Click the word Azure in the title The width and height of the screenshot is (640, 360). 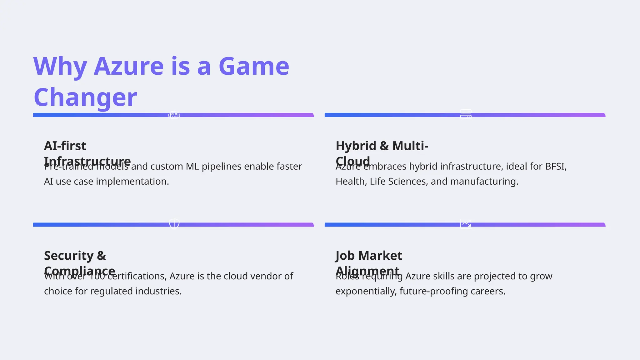[x=128, y=66]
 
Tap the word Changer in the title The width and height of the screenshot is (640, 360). [x=85, y=97]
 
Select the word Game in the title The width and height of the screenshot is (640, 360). [x=254, y=66]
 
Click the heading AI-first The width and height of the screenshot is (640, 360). [x=65, y=146]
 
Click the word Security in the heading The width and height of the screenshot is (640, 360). [x=69, y=256]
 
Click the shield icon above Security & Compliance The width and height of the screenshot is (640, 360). [x=174, y=224]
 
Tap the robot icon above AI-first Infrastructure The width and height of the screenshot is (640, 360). [x=174, y=115]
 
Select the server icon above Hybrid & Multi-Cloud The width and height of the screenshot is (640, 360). [x=466, y=114]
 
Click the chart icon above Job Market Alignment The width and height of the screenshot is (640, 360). [x=466, y=224]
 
